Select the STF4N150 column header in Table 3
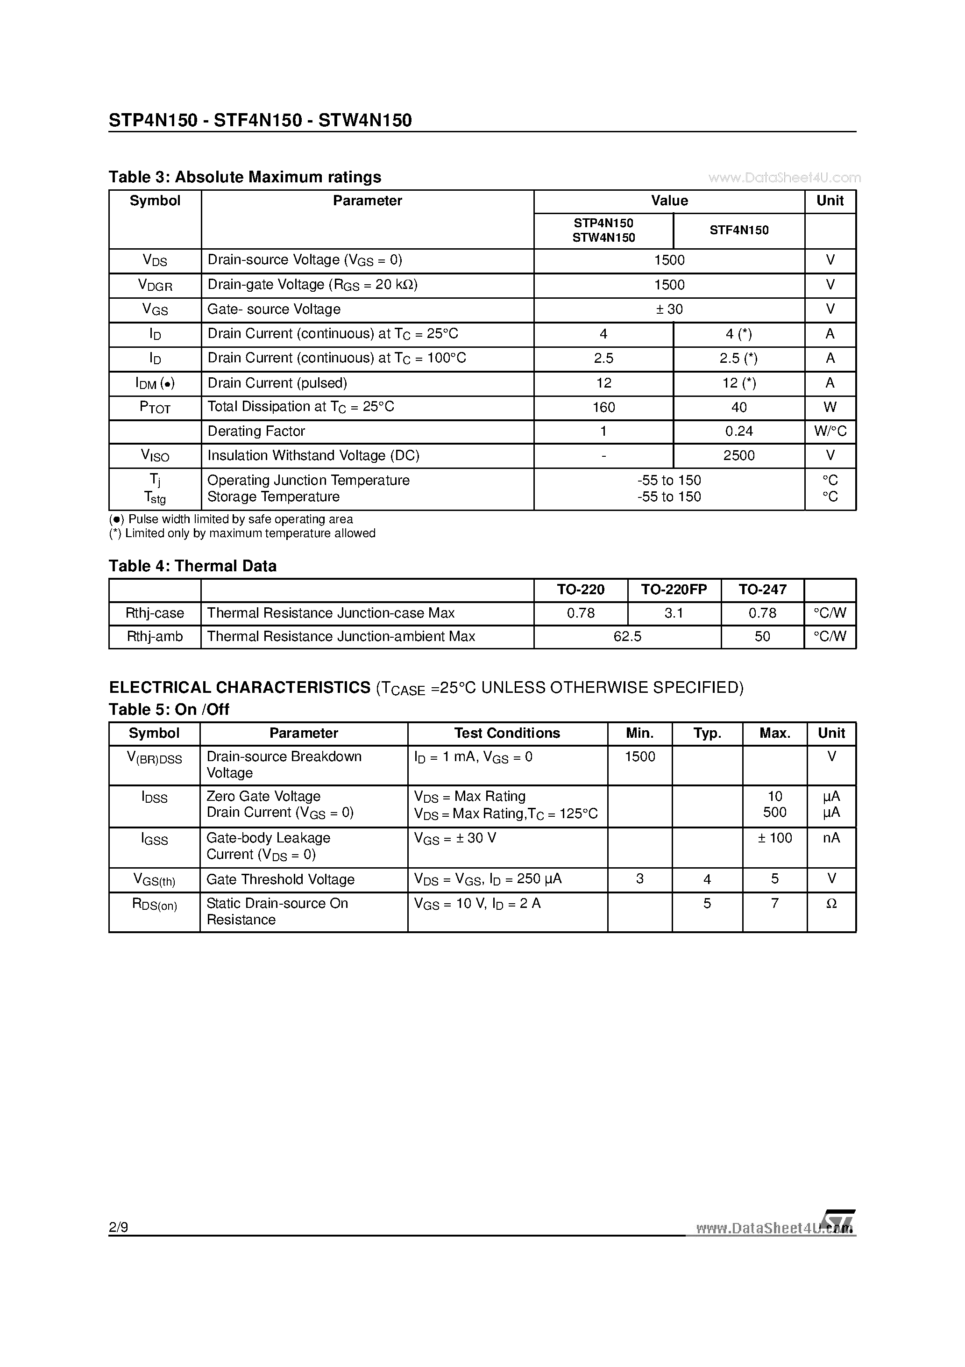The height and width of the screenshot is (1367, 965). click(x=738, y=230)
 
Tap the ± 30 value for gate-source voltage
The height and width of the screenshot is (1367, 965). click(x=669, y=309)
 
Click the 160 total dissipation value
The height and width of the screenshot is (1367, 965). click(x=603, y=407)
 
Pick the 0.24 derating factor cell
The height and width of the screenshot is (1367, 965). click(x=738, y=431)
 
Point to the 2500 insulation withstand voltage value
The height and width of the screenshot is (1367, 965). click(x=738, y=455)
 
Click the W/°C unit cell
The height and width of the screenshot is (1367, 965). click(x=830, y=431)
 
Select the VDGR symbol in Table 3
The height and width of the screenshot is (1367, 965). click(x=155, y=285)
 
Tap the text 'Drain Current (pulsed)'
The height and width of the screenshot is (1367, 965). click(x=277, y=383)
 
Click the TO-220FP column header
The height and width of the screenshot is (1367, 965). click(x=674, y=590)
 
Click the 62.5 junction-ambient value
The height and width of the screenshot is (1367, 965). click(x=627, y=636)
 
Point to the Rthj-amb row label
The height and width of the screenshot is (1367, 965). click(x=155, y=636)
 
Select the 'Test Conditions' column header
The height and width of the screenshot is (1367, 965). click(x=507, y=733)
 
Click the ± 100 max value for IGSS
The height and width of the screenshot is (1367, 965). click(x=774, y=838)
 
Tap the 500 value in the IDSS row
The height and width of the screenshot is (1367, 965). click(x=774, y=812)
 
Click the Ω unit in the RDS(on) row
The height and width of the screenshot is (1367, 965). click(x=831, y=904)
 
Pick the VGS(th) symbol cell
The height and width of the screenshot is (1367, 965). click(x=154, y=879)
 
